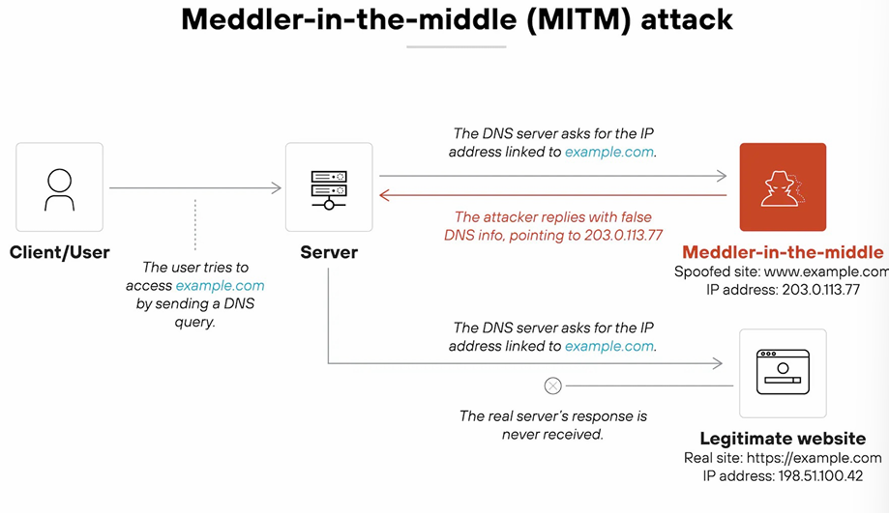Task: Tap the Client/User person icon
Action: click(59, 187)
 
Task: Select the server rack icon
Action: click(329, 187)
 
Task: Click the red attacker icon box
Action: click(783, 187)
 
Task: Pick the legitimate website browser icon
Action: click(783, 373)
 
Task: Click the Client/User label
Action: click(59, 253)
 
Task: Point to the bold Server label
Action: click(329, 253)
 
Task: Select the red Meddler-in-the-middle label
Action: click(783, 252)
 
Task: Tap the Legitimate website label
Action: click(783, 439)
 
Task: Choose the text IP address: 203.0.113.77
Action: click(782, 290)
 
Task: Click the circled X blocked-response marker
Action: click(552, 386)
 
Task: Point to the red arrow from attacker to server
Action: click(552, 195)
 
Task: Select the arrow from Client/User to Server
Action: click(194, 188)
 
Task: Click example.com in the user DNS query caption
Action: click(220, 286)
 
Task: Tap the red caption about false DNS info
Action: click(552, 226)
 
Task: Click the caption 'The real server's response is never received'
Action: click(552, 425)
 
